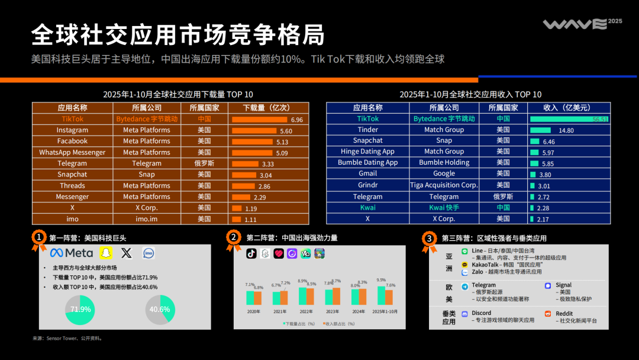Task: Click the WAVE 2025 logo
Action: click(582, 24)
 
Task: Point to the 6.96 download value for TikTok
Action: click(296, 120)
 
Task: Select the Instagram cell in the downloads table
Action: click(72, 130)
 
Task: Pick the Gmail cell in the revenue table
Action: click(367, 174)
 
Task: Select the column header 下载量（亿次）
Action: click(266, 108)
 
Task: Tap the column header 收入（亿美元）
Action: click(567, 108)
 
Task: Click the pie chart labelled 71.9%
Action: click(80, 309)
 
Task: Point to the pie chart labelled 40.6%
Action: click(160, 309)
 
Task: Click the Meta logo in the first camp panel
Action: click(72, 253)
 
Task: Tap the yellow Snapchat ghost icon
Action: click(105, 253)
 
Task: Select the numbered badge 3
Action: click(430, 238)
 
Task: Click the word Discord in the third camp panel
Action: click(482, 313)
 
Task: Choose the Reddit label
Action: click(564, 313)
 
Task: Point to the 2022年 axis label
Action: click(306, 311)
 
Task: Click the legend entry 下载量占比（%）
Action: click(301, 324)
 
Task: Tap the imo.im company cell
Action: click(147, 219)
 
